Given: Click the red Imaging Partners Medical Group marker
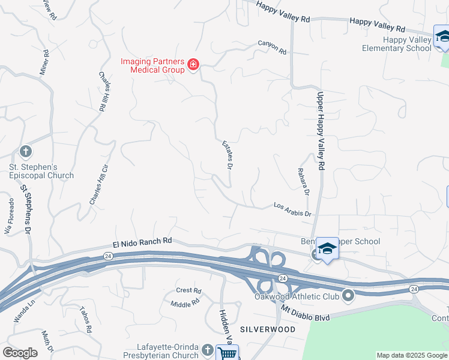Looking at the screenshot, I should [x=193, y=64].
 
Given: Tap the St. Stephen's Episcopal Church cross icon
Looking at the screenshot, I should [x=25, y=151].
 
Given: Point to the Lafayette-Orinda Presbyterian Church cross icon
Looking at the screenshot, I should [x=207, y=349].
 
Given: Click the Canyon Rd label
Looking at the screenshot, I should [x=272, y=47].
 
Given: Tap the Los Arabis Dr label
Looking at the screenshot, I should [x=292, y=209].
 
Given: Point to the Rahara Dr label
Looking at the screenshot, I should [x=303, y=182].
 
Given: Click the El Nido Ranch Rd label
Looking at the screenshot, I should [x=142, y=242].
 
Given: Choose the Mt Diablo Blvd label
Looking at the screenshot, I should [x=306, y=313].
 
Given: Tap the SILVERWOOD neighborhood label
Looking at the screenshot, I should [x=267, y=329].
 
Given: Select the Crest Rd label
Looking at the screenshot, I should [x=188, y=290].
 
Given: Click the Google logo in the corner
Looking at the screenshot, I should [x=20, y=353].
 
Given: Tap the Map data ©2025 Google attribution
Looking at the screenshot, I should [x=412, y=355].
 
